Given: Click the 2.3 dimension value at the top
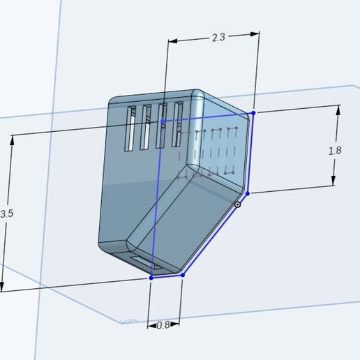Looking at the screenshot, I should pyautogui.click(x=218, y=38).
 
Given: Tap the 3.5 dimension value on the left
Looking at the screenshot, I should pyautogui.click(x=6, y=214).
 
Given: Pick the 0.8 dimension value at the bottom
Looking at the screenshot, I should pyautogui.click(x=163, y=325).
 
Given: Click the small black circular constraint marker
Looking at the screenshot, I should pyautogui.click(x=238, y=204).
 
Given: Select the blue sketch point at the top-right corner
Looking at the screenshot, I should pyautogui.click(x=253, y=112).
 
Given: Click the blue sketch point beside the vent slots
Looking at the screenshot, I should pyautogui.click(x=163, y=121).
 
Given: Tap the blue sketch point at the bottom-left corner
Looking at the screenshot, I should pyautogui.click(x=151, y=278).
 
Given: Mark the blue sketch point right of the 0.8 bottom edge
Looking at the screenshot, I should pyautogui.click(x=182, y=276).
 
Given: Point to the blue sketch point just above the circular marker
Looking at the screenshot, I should pyautogui.click(x=247, y=193).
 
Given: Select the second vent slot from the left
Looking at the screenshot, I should pyautogui.click(x=146, y=127).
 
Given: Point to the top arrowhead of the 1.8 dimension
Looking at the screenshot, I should pyautogui.click(x=338, y=109).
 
